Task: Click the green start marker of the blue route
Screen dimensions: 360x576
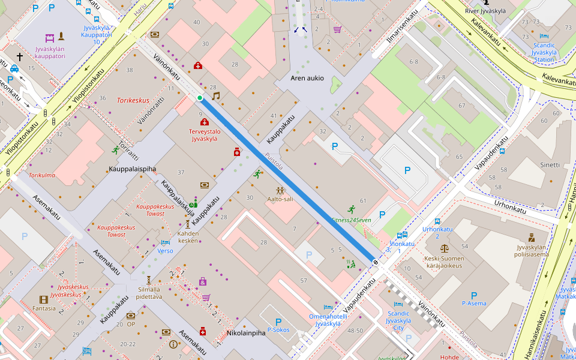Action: (200, 98)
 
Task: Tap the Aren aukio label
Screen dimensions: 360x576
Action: (307, 78)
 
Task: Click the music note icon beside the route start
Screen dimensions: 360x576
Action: (216, 95)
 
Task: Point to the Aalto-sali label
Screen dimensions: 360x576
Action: (280, 199)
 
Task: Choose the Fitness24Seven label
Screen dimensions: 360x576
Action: (352, 220)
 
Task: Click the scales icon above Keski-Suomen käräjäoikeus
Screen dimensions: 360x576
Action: (444, 247)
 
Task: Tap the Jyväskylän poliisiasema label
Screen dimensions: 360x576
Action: (532, 250)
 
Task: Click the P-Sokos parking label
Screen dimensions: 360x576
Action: (278, 329)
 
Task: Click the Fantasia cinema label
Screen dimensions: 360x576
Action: (44, 308)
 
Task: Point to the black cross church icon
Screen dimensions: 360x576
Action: (19, 57)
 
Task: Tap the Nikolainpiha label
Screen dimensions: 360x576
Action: (246, 332)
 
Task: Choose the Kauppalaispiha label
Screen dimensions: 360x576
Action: (133, 169)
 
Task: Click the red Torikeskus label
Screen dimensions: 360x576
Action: (133, 100)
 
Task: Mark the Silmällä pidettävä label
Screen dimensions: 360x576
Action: (149, 293)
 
